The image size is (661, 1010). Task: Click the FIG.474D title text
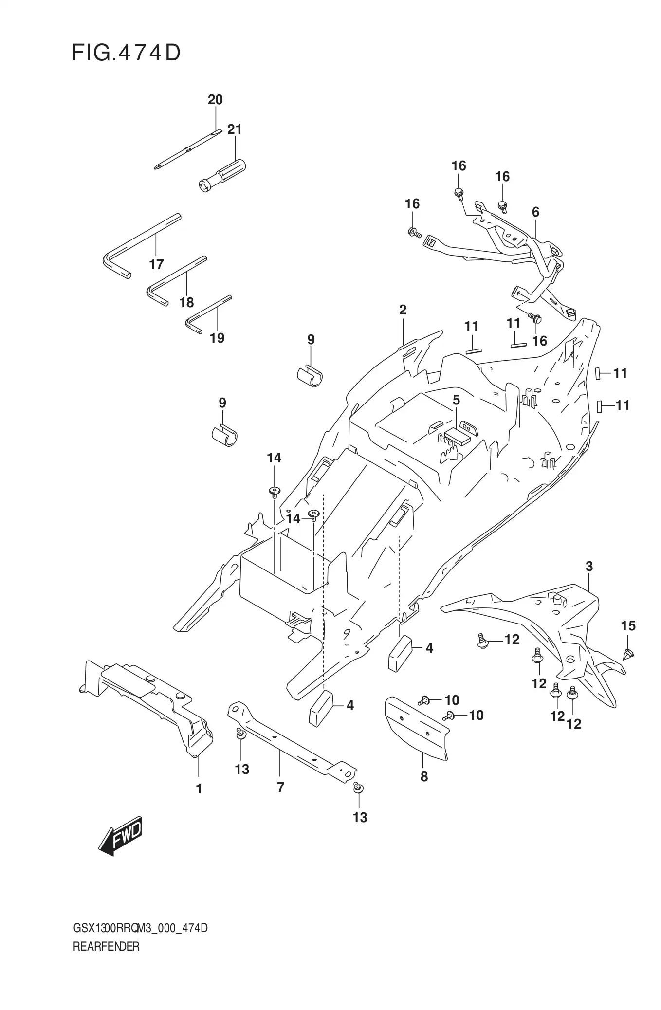click(x=126, y=53)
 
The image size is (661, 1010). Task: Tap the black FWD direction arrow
click(x=120, y=836)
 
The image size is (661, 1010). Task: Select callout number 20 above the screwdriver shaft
click(x=215, y=100)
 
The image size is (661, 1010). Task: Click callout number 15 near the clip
click(x=628, y=626)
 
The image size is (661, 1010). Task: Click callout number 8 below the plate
click(x=424, y=776)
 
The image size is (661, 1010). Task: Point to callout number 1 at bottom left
click(x=199, y=789)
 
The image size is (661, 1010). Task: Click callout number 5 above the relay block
click(x=456, y=400)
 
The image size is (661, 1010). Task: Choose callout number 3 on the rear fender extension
click(x=589, y=567)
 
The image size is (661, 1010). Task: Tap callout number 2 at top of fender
click(x=403, y=310)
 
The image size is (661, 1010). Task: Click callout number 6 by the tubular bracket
click(x=535, y=212)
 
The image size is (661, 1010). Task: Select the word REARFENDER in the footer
click(x=106, y=947)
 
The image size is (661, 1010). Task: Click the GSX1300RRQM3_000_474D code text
click(x=140, y=928)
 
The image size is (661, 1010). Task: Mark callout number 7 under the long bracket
click(x=280, y=787)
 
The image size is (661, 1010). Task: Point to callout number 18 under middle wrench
click(x=186, y=303)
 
